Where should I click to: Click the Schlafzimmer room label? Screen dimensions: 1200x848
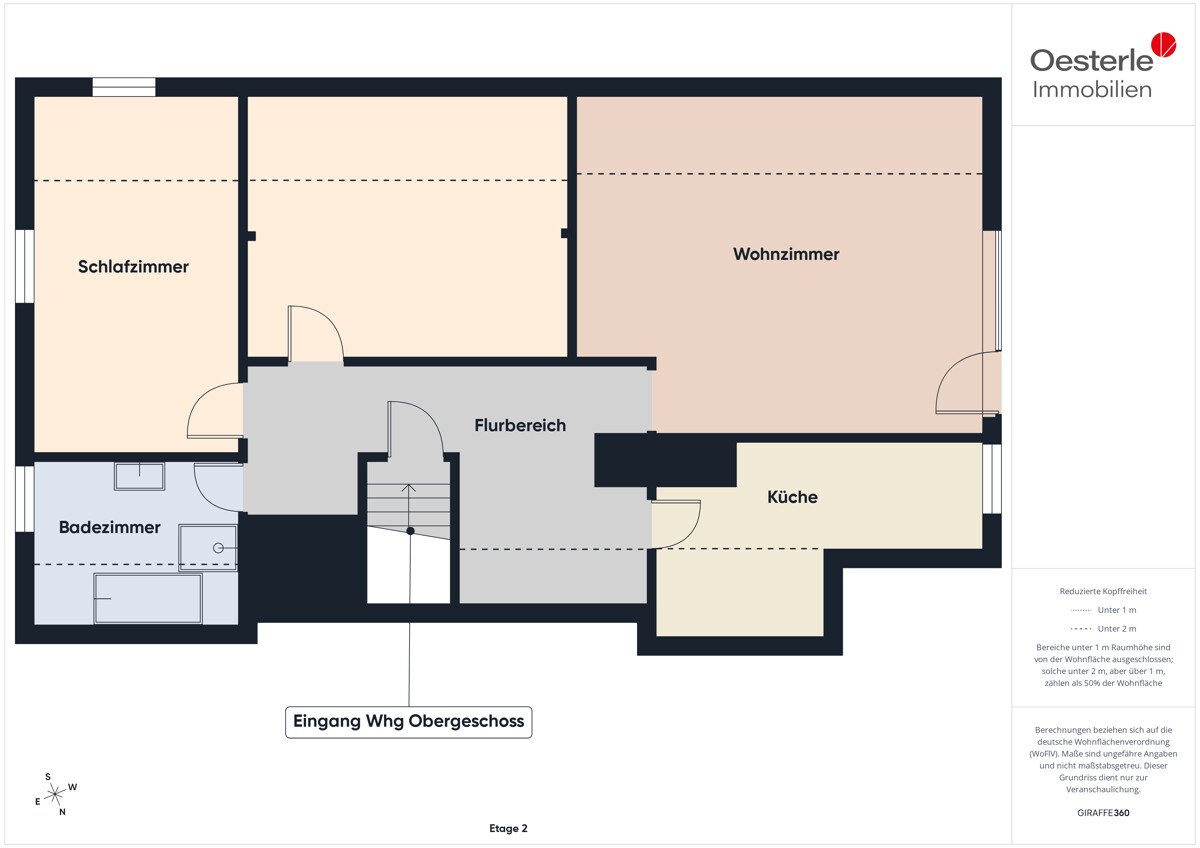(x=133, y=267)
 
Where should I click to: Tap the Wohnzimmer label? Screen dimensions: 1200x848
(x=786, y=254)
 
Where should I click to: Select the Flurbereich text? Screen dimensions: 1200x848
(x=520, y=425)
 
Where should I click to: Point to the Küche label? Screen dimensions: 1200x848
(x=792, y=497)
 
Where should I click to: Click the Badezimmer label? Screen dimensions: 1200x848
(x=110, y=527)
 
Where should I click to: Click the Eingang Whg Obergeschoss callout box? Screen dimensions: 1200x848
(x=409, y=722)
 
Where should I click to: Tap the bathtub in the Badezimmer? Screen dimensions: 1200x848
(x=148, y=598)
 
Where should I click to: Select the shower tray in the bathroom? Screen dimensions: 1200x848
(x=208, y=547)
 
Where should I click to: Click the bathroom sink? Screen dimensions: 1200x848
(x=139, y=476)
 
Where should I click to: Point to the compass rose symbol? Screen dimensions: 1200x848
(x=56, y=794)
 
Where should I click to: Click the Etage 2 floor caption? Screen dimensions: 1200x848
(x=508, y=828)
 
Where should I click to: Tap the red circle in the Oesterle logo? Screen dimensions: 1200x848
(x=1164, y=44)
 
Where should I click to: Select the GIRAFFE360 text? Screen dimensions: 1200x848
(x=1103, y=813)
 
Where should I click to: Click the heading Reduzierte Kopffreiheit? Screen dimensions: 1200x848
(x=1103, y=591)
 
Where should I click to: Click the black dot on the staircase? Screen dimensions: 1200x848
(x=410, y=531)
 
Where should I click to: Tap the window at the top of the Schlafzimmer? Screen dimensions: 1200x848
(x=124, y=87)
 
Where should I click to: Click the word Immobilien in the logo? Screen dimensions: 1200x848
(x=1092, y=90)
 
